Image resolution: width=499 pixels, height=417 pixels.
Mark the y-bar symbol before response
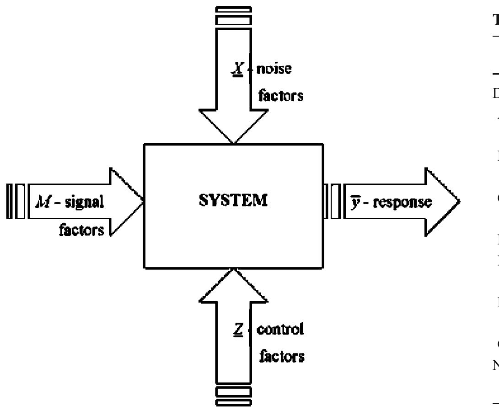click(353, 202)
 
